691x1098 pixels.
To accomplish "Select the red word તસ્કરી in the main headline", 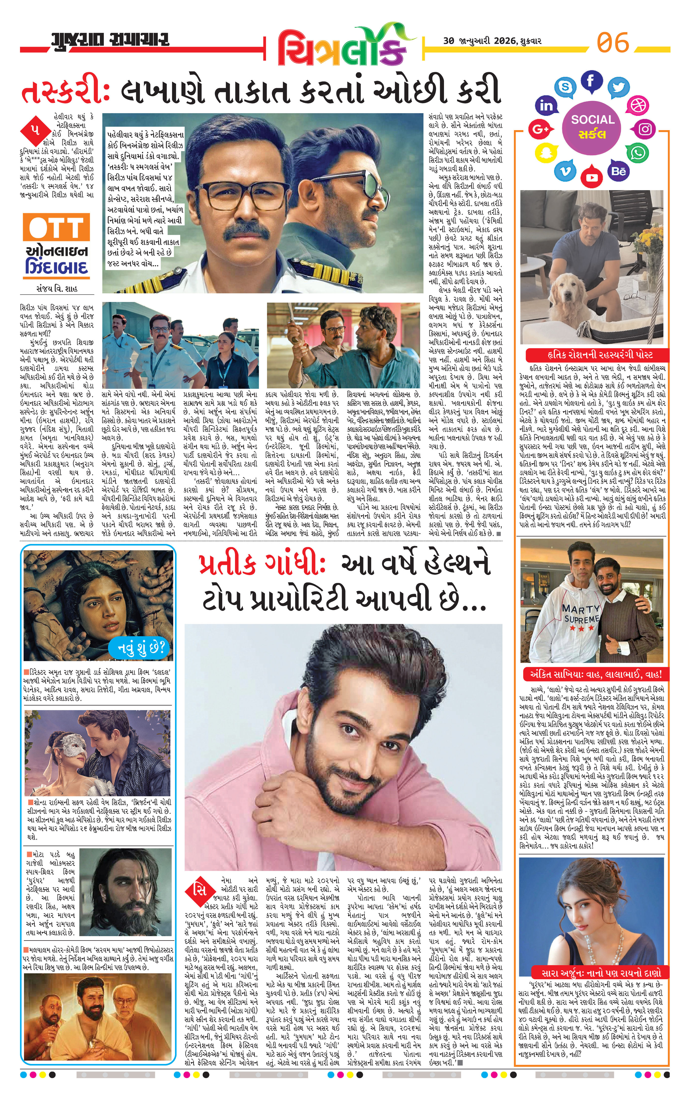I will coord(64,92).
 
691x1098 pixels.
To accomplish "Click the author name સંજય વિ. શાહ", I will coord(57,289).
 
